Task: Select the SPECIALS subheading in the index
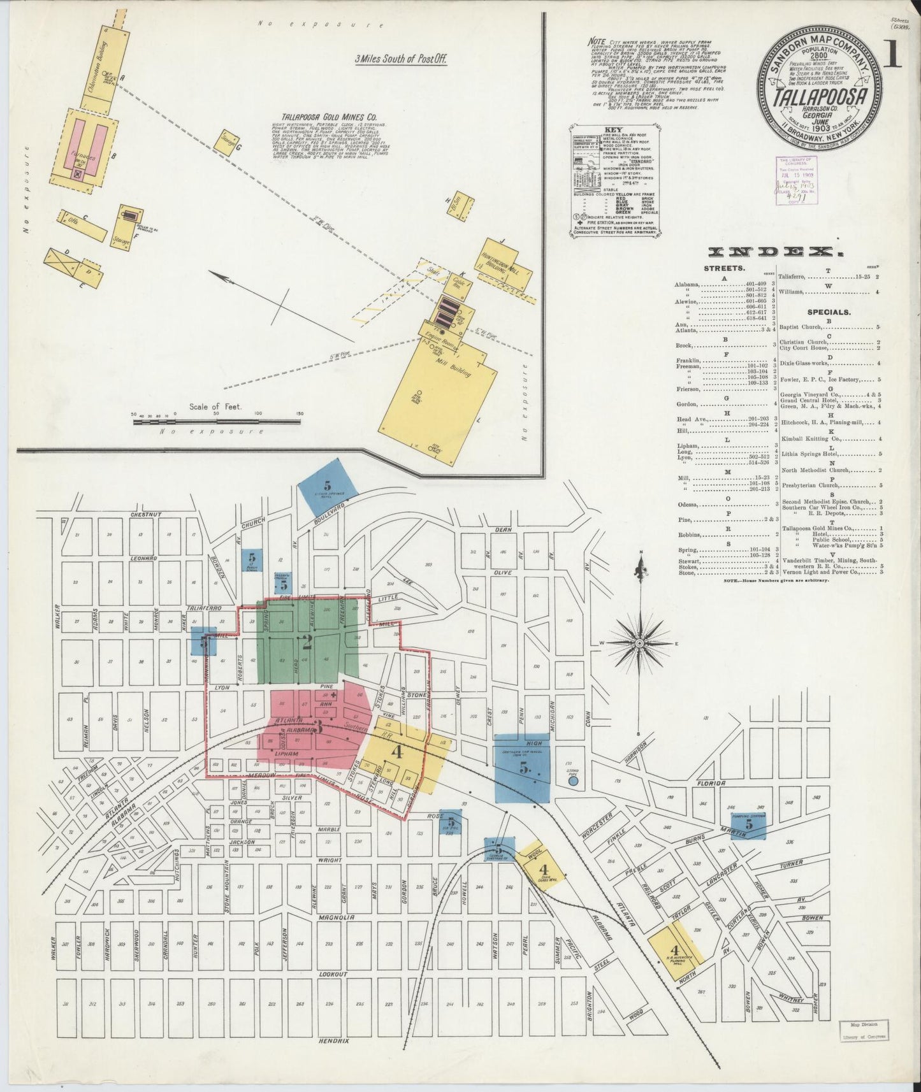coord(829,312)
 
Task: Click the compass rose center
coord(639,643)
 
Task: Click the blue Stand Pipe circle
coord(572,781)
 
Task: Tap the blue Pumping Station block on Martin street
coord(748,824)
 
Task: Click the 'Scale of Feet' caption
coord(215,406)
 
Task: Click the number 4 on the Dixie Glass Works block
coord(544,869)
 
